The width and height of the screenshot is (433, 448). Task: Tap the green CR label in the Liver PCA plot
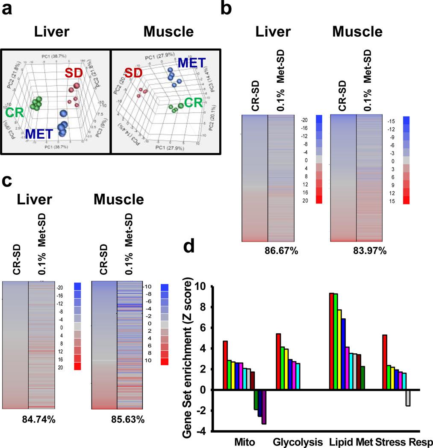tap(14, 112)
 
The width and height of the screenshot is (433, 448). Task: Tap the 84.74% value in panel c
tap(39, 419)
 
